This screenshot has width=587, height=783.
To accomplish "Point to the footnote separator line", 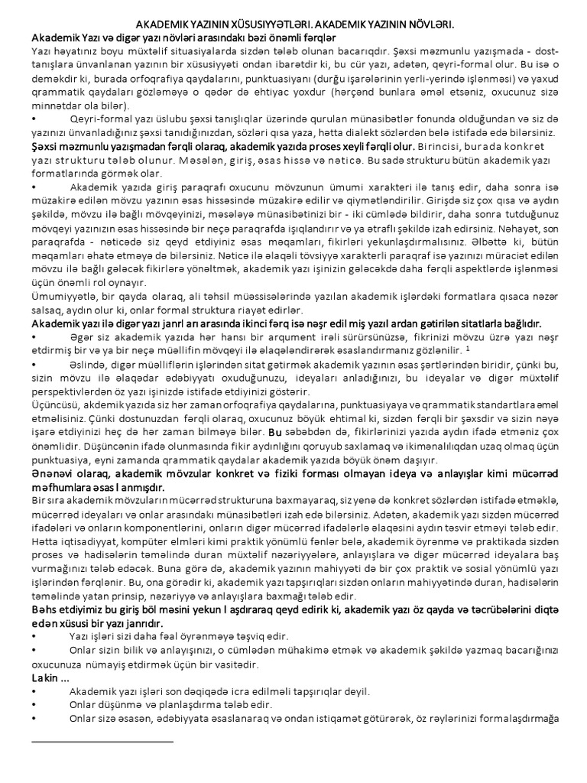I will (102, 741).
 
